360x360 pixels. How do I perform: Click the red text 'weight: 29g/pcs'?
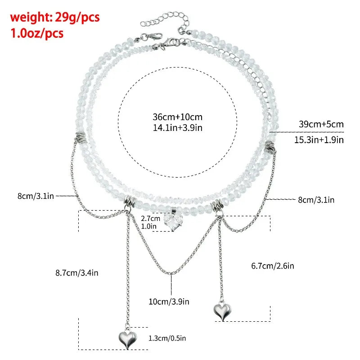click(55, 18)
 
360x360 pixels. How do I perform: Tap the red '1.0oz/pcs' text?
click(37, 33)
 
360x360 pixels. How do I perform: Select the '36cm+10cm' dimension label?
click(177, 117)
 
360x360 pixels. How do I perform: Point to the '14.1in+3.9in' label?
click(177, 128)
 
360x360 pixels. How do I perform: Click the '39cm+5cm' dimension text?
click(321, 124)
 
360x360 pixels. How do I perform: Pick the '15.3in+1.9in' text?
click(319, 139)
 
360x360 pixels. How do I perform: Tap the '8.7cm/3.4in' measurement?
click(77, 273)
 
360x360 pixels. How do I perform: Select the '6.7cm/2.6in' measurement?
click(273, 266)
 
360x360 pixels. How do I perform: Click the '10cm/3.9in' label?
click(169, 301)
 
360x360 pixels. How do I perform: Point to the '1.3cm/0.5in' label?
click(167, 338)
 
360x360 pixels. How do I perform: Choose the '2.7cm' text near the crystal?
click(151, 218)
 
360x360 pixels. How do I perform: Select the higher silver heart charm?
click(222, 311)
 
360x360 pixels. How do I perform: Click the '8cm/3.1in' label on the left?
click(36, 196)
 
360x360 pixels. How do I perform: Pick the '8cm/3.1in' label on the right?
click(316, 200)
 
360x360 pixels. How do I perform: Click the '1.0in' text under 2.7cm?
click(148, 226)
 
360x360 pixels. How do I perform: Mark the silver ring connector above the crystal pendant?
click(174, 210)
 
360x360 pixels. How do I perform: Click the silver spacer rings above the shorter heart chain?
click(217, 205)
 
